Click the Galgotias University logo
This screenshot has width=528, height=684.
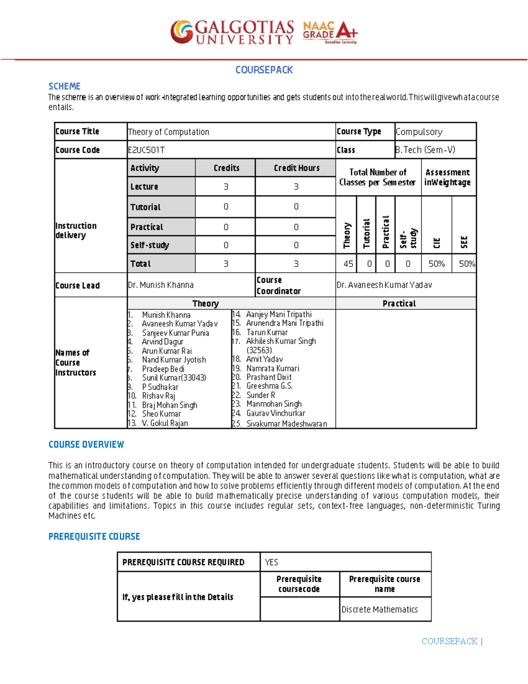click(232, 32)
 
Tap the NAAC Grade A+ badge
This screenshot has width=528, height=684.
click(330, 32)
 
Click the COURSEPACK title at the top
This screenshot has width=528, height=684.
click(264, 70)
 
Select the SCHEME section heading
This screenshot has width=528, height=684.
click(64, 86)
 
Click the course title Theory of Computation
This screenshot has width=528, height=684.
click(169, 132)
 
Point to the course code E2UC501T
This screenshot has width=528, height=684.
click(146, 150)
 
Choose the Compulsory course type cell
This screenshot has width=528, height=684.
click(419, 132)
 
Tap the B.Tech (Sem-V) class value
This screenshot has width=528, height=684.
click(425, 150)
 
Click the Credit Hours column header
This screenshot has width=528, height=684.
click(296, 168)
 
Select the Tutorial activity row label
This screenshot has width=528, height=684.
click(146, 207)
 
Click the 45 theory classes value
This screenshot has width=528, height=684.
click(348, 264)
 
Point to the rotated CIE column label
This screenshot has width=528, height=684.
click(436, 243)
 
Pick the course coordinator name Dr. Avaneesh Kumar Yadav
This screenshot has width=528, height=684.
click(384, 285)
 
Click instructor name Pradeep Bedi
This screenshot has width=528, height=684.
click(163, 369)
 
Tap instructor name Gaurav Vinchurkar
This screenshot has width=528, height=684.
click(275, 413)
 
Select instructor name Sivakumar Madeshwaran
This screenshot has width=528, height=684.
click(286, 424)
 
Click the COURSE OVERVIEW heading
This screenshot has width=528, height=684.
click(86, 445)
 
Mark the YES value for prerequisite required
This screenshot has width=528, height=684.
click(271, 562)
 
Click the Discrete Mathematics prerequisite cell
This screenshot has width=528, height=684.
click(379, 610)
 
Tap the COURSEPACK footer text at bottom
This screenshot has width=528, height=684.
click(449, 641)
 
